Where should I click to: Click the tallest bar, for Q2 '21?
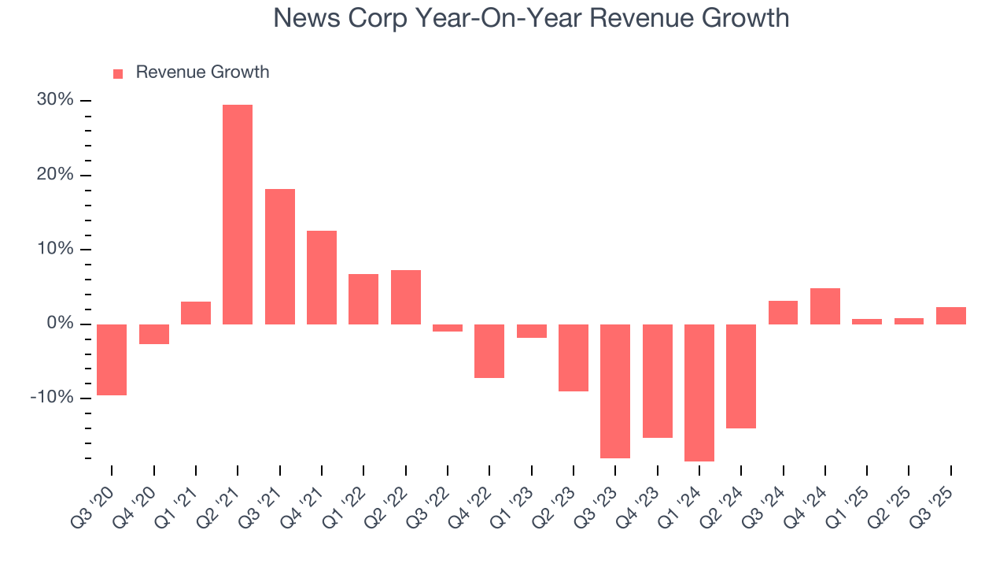tap(238, 214)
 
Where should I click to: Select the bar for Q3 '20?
tap(112, 359)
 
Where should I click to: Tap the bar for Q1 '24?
tap(699, 392)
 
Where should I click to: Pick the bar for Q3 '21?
tap(280, 256)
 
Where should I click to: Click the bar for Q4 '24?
tap(825, 306)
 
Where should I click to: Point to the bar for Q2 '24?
tap(741, 376)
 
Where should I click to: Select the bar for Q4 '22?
tap(489, 351)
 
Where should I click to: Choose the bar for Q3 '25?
tap(951, 316)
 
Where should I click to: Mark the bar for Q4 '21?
tap(322, 277)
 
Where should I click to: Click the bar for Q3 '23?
tap(615, 391)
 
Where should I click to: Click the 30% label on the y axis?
tap(54, 101)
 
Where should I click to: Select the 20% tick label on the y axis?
tap(54, 175)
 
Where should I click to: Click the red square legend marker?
tap(118, 73)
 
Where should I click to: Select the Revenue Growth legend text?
tap(202, 72)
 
